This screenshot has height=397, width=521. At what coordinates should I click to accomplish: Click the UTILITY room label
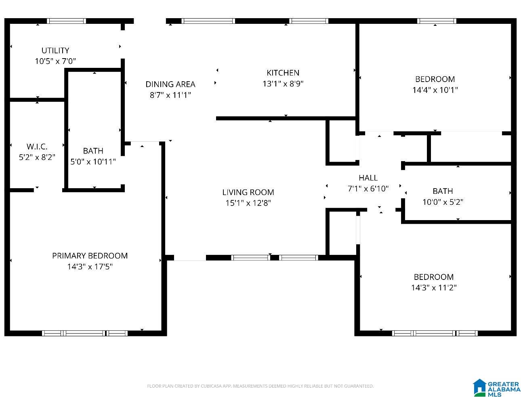[55, 50]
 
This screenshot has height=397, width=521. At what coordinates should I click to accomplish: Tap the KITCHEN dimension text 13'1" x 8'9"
[283, 84]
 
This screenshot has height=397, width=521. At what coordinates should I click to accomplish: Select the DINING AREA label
[170, 84]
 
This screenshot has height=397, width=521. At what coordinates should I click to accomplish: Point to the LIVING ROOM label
[248, 192]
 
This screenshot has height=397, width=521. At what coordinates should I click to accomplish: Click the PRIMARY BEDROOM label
[90, 256]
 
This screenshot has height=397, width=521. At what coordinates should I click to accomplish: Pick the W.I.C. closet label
[37, 147]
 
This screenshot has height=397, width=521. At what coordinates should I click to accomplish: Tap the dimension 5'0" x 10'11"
[93, 162]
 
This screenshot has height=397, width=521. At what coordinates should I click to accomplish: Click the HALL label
[368, 178]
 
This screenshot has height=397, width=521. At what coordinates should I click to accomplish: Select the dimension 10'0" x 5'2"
[443, 202]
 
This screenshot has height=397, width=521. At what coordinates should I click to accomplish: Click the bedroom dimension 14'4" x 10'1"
[435, 90]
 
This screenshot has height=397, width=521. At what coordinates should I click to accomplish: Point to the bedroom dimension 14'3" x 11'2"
[434, 288]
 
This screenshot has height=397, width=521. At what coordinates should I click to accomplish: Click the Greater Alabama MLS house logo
[479, 387]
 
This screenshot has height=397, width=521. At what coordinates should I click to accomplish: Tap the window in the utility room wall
[67, 21]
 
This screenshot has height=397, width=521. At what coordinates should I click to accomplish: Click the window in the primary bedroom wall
[85, 333]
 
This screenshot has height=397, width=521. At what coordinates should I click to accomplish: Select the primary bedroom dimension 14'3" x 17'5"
[90, 267]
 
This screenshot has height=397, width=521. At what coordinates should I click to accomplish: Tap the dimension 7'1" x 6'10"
[368, 189]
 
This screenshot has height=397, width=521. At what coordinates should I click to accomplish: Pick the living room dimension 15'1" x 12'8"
[248, 203]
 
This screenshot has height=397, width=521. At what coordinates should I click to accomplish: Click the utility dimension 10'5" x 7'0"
[55, 61]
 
